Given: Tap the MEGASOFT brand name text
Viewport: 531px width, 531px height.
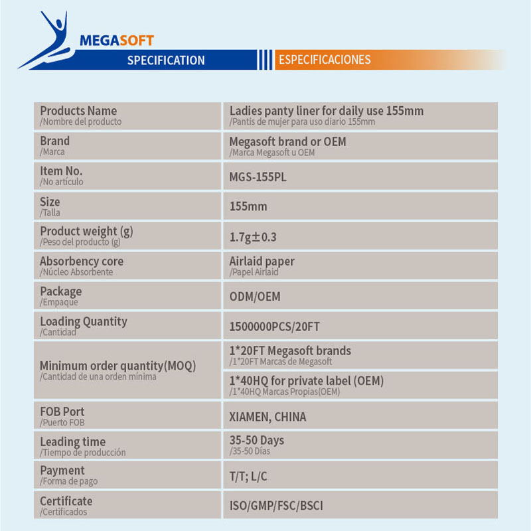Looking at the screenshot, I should [x=116, y=40].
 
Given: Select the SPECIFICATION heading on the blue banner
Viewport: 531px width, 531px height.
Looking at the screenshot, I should [x=165, y=60].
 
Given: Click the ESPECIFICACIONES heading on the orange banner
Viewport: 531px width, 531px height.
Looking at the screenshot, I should [x=324, y=60].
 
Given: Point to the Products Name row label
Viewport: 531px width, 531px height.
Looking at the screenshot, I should [x=78, y=112].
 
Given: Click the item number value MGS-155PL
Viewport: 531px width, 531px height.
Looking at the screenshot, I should [x=258, y=177].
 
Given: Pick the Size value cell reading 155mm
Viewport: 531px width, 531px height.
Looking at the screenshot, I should [x=248, y=206].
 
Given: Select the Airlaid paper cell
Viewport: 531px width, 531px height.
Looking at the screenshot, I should [x=262, y=262].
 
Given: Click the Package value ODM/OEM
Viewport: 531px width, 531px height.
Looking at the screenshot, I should [x=255, y=297].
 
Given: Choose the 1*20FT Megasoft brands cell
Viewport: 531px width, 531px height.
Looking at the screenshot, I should [x=290, y=351].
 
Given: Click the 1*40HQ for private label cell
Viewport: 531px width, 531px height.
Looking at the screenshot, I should [x=306, y=382].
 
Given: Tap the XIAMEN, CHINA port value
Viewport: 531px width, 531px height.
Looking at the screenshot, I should [x=267, y=417].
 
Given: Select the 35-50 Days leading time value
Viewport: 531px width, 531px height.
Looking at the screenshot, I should [x=256, y=441].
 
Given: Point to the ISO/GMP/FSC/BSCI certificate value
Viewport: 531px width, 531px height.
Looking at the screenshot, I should [x=276, y=506].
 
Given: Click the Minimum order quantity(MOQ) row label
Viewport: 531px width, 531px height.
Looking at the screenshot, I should [x=117, y=366].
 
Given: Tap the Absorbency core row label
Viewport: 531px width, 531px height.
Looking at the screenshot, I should [x=81, y=262].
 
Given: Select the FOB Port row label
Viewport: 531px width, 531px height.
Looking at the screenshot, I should [x=62, y=412].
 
